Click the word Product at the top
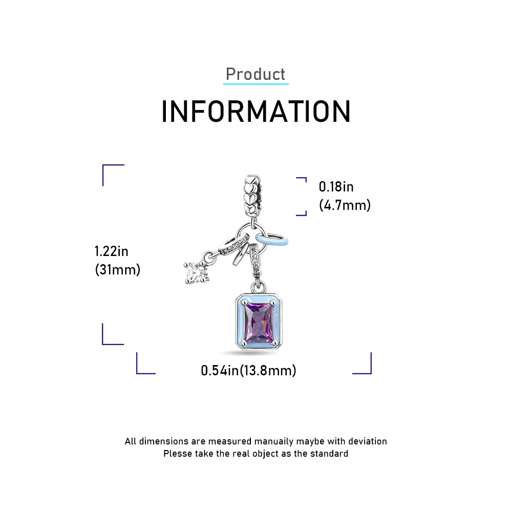(x=255, y=74)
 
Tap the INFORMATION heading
(x=256, y=112)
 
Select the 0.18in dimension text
(x=336, y=186)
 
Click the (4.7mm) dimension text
(x=345, y=205)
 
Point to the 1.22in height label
(x=112, y=251)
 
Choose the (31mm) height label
(x=118, y=269)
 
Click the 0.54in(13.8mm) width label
(x=248, y=370)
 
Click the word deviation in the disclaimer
(x=368, y=441)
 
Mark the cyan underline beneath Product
(x=256, y=83)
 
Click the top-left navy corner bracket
(x=112, y=174)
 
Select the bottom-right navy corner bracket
(x=363, y=365)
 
